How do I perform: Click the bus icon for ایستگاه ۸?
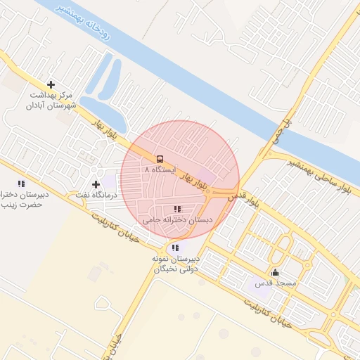tap(160, 159)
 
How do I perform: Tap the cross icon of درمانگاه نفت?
tap(96, 184)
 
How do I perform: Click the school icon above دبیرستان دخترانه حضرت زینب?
tap(21, 184)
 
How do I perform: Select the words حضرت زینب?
tap(21, 205)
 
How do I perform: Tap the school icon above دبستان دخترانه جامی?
tap(176, 209)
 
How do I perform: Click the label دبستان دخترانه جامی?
tap(178, 220)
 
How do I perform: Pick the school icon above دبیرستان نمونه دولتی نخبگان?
tap(175, 247)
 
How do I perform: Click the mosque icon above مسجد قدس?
tap(274, 273)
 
